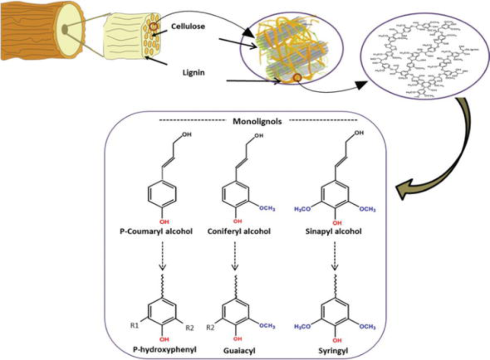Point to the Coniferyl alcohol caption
[239, 231]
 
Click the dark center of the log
[64, 31]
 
